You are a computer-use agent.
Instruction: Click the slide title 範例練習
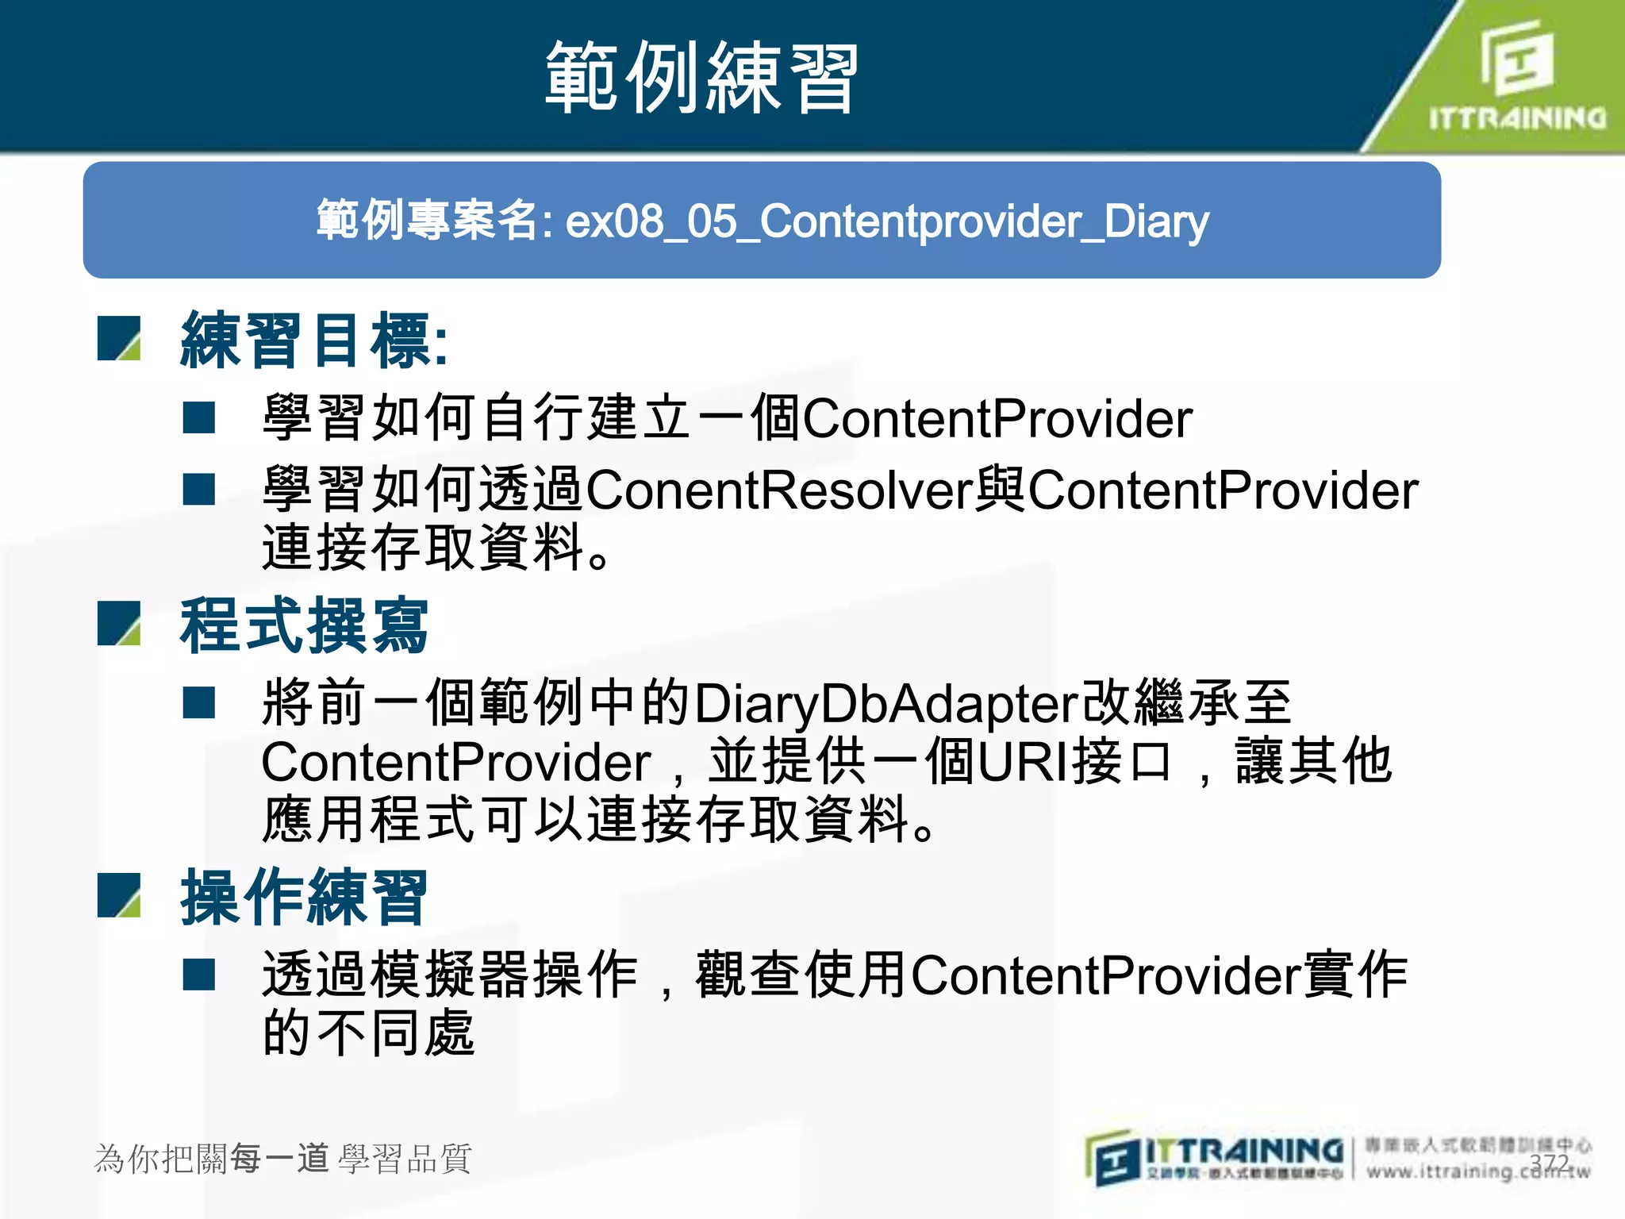[701, 78]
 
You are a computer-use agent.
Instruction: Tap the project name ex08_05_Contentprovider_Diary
[887, 221]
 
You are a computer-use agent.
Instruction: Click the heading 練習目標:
[314, 340]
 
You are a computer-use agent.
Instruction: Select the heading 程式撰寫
[304, 625]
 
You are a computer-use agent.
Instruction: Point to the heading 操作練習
[304, 898]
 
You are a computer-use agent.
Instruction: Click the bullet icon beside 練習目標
[119, 339]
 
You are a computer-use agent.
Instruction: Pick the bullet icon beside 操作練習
[119, 895]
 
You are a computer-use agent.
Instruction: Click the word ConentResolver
[779, 490]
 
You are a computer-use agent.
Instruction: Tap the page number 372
[1549, 1163]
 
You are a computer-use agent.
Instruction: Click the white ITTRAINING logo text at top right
[1517, 118]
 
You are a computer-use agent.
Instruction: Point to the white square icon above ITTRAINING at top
[1516, 57]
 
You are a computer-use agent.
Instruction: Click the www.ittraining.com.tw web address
[1477, 1171]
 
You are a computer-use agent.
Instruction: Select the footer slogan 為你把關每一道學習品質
[283, 1159]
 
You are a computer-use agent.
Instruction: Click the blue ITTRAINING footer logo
[1214, 1157]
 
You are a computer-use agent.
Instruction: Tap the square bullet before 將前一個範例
[199, 703]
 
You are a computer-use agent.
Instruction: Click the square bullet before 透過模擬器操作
[199, 975]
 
